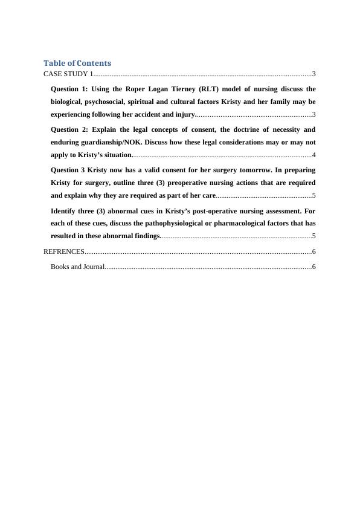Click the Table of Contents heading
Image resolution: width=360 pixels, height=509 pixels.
(77, 63)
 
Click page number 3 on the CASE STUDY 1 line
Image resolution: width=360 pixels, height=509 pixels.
(313, 74)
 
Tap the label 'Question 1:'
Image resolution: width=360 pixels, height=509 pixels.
(68, 89)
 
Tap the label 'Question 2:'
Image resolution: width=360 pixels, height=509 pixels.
(68, 129)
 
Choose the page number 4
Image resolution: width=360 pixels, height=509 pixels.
(313, 155)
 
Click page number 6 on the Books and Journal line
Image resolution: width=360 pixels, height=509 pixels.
(313, 266)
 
